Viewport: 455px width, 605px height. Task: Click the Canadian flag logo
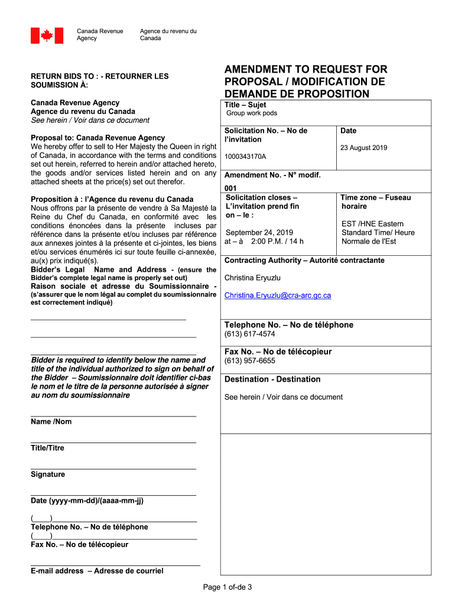[x=42, y=35]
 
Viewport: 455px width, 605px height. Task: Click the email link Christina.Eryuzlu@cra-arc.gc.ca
[x=278, y=295]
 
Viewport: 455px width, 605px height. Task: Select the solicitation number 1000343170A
[x=245, y=157]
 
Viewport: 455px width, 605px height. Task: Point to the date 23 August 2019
[x=364, y=148]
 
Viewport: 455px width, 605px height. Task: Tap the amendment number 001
[x=230, y=188]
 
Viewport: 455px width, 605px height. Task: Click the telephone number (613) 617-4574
[x=249, y=334]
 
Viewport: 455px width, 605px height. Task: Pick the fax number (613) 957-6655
[x=249, y=361]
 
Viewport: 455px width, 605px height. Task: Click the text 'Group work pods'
[x=252, y=113]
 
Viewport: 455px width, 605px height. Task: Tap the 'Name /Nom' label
[x=51, y=422]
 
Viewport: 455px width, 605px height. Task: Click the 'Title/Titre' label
[x=47, y=448]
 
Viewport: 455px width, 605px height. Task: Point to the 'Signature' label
[x=48, y=474]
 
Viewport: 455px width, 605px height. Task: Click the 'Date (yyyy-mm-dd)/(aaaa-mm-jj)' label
[x=87, y=501]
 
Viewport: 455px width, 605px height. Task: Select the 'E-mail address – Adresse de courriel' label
[x=97, y=571]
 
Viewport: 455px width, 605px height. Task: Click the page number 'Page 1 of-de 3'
[x=227, y=587]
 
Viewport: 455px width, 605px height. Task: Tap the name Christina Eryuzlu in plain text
[x=253, y=278]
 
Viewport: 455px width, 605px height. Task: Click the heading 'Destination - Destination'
[x=272, y=379]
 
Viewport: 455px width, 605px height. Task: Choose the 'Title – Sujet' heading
[x=245, y=105]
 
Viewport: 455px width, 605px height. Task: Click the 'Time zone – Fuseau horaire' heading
[x=375, y=202]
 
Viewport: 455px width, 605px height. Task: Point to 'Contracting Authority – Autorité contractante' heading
[x=304, y=261]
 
